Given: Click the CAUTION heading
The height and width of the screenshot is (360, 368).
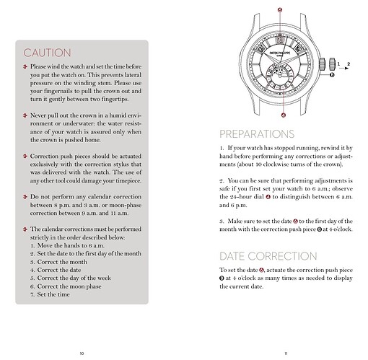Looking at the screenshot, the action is (x=47, y=53).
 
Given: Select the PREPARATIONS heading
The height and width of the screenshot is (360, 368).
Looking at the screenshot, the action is (x=257, y=134).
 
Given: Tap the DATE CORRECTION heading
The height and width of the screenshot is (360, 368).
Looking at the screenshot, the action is (x=268, y=256).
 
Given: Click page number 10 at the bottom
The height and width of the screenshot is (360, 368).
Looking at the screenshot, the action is (x=82, y=354).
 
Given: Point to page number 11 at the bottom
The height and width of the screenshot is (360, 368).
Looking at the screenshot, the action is (x=286, y=354).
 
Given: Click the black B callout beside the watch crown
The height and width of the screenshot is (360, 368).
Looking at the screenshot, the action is (x=332, y=75).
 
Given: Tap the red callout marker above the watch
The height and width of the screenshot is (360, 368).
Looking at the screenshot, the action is (x=280, y=10).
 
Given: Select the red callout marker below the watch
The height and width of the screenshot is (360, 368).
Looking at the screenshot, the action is (x=284, y=115).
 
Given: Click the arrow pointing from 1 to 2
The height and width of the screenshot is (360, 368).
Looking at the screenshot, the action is (x=344, y=69).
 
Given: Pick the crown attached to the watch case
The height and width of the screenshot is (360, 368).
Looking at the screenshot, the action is (x=323, y=64).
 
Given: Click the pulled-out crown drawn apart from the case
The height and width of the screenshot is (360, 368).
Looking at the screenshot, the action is (x=332, y=64).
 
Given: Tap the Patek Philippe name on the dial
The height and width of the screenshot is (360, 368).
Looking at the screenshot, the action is (x=279, y=53).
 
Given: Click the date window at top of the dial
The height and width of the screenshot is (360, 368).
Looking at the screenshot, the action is (x=280, y=40).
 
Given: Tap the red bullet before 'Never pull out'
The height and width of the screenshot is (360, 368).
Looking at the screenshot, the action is (x=25, y=115).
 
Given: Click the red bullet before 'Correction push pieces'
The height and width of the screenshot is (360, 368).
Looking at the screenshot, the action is (x=25, y=156).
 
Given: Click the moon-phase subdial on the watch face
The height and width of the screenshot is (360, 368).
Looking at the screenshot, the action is (x=279, y=74).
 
